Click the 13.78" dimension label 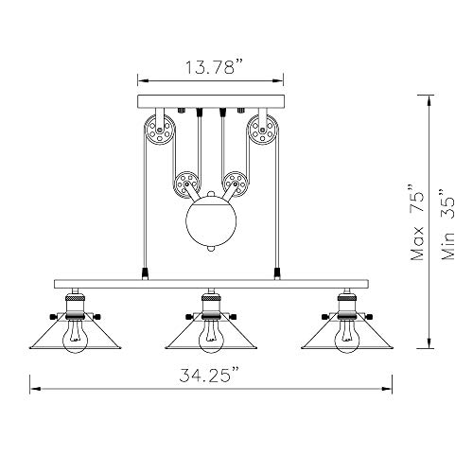click(x=214, y=67)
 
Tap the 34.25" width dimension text click(x=208, y=375)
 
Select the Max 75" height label click(x=416, y=222)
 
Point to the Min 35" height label click(x=447, y=224)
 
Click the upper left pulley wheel click(x=160, y=130)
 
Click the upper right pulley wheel click(x=263, y=130)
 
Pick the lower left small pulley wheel click(x=186, y=184)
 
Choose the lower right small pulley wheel click(x=236, y=184)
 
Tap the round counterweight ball click(x=211, y=220)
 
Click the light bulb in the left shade click(x=76, y=338)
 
